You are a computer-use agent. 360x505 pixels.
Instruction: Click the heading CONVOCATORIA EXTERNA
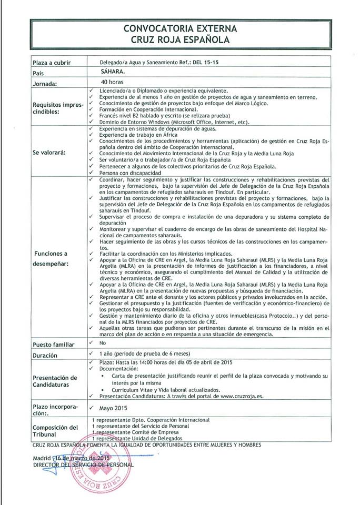tap(181, 28)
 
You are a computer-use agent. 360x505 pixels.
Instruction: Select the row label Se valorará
tap(49, 153)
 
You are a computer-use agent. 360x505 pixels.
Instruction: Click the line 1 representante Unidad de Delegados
tap(137, 438)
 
